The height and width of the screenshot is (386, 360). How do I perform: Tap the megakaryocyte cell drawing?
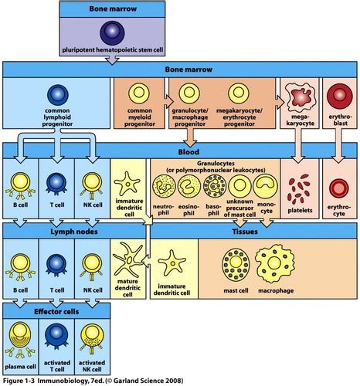[x=300, y=97]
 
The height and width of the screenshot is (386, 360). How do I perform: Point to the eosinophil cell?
[x=189, y=186]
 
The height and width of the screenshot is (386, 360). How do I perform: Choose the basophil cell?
[x=214, y=186]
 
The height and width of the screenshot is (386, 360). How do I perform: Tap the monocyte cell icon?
[x=266, y=186]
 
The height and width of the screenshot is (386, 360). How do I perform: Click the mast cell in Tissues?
[x=234, y=261]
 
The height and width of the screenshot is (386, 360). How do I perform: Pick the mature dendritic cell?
[x=128, y=258]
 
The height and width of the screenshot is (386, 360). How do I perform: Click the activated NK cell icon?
[x=91, y=332]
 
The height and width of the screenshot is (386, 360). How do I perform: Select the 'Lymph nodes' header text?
[x=56, y=229]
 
